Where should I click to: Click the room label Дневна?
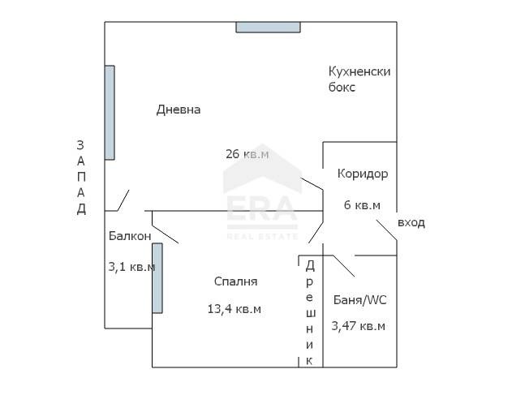[x=178, y=109]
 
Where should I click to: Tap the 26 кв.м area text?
[x=247, y=153]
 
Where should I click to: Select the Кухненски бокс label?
[x=359, y=79]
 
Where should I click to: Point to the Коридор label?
[x=363, y=174]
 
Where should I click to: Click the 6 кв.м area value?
[x=363, y=205]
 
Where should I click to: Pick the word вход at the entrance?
[x=411, y=222]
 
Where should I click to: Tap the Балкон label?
[x=129, y=236]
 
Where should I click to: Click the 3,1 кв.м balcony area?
[x=131, y=266]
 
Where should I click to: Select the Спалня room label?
[x=235, y=281]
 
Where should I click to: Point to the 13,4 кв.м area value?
[x=235, y=308]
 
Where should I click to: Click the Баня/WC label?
[x=360, y=300]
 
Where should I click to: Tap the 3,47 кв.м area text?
[x=358, y=326]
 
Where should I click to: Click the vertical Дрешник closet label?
[x=310, y=311]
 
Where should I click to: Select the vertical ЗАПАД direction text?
[x=80, y=177]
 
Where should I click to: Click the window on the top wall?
[x=268, y=27]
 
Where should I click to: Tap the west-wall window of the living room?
[x=110, y=112]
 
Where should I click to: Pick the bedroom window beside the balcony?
[x=157, y=277]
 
